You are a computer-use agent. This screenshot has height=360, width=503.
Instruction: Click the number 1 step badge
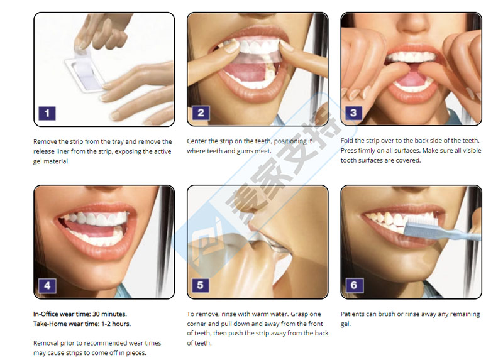tap(47, 113)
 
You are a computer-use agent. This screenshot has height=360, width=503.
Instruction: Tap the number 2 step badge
tap(201, 113)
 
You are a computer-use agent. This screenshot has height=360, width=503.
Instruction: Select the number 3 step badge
tap(353, 113)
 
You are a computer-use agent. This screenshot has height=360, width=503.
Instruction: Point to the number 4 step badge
tap(48, 286)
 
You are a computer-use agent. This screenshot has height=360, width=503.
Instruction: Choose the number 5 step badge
tap(201, 285)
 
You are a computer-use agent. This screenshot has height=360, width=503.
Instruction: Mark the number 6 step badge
tap(354, 285)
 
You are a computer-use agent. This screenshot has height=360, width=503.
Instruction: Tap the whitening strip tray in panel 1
tap(85, 74)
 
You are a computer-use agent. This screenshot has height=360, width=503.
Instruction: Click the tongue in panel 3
tap(412, 79)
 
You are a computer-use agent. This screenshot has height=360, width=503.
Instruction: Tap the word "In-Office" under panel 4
tap(45, 314)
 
